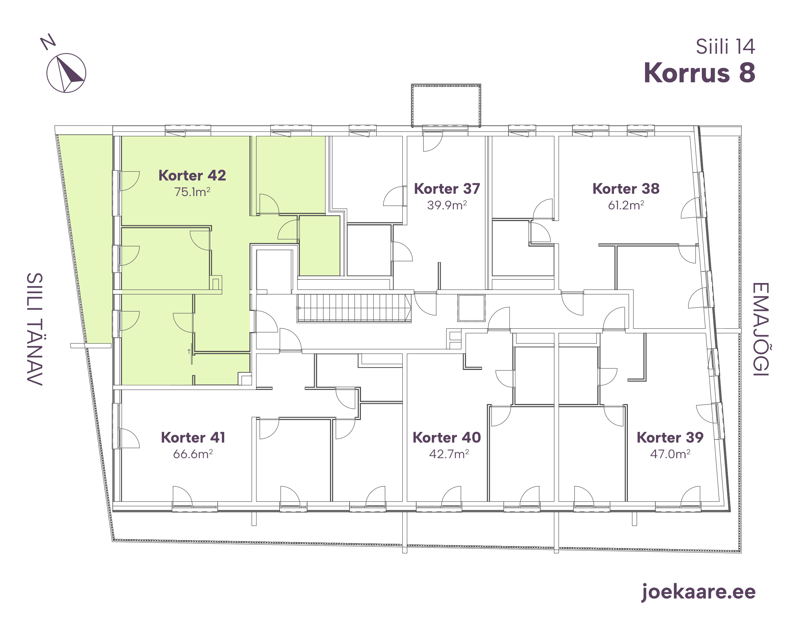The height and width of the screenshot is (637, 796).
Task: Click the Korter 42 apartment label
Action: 192,176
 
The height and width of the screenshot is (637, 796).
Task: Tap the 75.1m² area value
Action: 192,192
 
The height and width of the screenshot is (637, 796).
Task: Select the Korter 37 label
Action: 447,189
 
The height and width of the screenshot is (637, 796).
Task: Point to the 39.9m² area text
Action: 447,205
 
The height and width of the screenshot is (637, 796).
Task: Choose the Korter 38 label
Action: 626,189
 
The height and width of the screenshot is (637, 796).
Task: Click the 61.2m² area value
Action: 626,205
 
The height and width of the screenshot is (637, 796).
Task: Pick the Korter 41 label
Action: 193,438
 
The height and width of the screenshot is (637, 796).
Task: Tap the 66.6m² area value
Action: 193,454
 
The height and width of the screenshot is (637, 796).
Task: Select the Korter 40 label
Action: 447,438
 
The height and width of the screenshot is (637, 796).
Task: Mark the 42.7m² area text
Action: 449,454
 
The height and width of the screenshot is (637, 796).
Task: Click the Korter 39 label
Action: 670,438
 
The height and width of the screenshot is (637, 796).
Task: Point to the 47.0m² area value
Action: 670,454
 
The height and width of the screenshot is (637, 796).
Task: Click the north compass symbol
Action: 66,73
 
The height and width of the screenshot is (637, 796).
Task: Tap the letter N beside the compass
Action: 48,42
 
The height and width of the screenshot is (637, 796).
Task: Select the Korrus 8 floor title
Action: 699,72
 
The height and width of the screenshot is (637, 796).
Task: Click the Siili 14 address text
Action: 725,46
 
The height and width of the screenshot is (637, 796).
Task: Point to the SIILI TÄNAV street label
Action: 35,329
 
